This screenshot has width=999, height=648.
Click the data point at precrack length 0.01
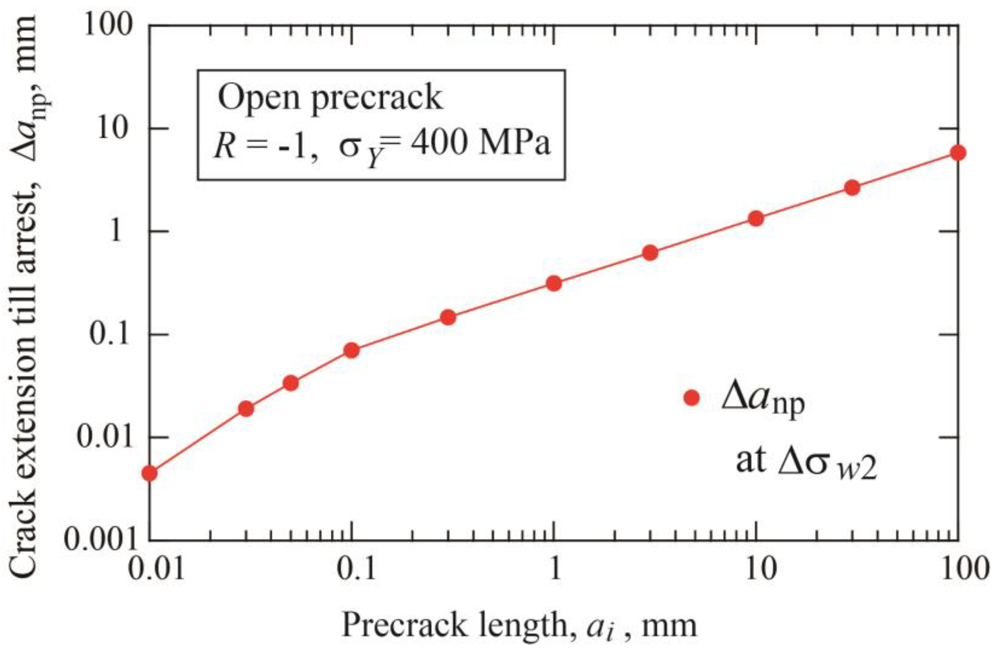(x=150, y=474)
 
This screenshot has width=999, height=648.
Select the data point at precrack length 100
(x=958, y=153)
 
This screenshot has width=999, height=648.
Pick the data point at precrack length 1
(x=554, y=284)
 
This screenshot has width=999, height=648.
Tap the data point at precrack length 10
(x=756, y=219)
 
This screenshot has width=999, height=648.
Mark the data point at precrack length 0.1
(x=352, y=350)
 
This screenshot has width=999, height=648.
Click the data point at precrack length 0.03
(x=246, y=409)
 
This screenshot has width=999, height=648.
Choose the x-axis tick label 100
(x=958, y=570)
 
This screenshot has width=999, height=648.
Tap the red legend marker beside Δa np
(x=691, y=398)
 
